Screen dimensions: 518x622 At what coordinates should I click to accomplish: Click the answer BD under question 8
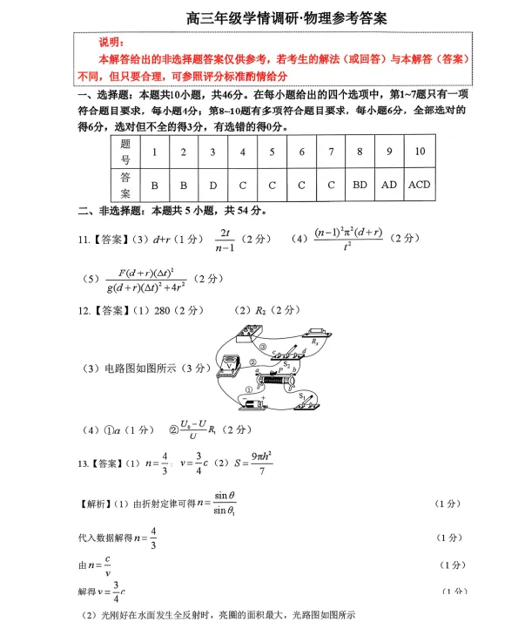point(360,186)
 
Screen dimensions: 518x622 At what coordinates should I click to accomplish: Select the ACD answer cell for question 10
point(419,186)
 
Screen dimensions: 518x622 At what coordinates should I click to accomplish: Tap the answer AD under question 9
point(389,186)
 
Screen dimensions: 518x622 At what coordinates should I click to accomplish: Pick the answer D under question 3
point(212,186)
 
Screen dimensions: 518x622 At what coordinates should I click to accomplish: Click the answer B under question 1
point(154,186)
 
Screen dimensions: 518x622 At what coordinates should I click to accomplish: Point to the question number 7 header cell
point(331,152)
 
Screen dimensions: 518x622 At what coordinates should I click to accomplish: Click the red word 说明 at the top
point(111,43)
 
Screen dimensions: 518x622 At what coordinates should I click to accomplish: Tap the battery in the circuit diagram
point(253,403)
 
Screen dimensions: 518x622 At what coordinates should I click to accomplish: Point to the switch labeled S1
point(306,400)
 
